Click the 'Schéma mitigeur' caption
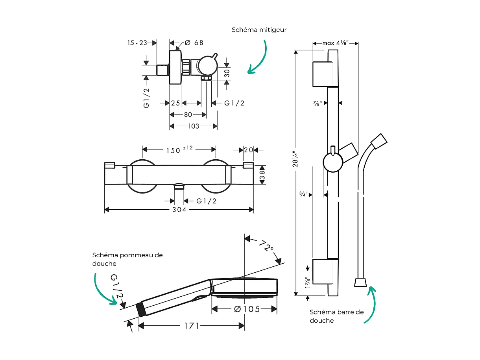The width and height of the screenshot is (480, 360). pos(259,30)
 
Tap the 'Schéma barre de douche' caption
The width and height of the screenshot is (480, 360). pos(336,316)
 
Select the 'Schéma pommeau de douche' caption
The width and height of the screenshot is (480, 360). pos(127,259)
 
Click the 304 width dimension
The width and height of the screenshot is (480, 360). pos(179,210)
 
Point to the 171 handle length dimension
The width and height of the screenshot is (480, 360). pos(191,326)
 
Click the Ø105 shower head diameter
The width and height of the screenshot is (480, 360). pos(247,309)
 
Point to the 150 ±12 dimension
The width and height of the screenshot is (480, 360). pos(179,150)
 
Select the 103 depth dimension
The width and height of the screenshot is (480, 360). pos(194,126)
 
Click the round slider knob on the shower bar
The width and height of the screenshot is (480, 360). pos(333,162)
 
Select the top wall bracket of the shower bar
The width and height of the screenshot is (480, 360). pos(325,74)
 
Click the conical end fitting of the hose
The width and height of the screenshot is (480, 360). pos(360,282)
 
